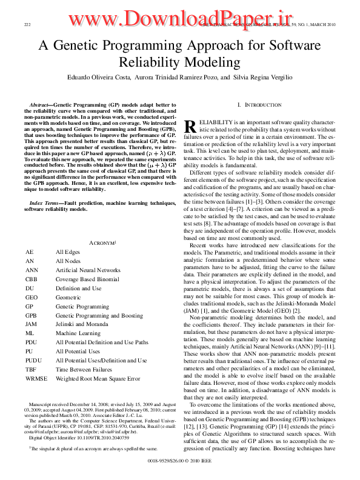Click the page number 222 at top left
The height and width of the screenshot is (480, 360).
[27, 24]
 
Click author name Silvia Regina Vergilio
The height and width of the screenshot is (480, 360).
[266, 78]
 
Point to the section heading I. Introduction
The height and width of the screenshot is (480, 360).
[259, 105]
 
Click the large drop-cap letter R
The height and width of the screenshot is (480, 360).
[190, 126]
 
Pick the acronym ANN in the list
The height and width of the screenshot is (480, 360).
[32, 269]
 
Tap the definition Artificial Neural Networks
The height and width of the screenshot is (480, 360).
[88, 269]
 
